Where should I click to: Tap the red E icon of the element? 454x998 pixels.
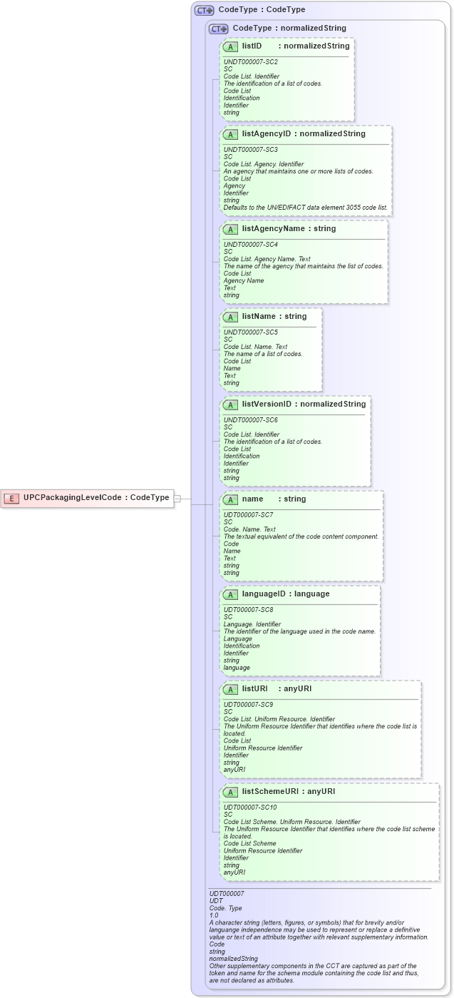11,498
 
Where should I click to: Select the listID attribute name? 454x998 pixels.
252,46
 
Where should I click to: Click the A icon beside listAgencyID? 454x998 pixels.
230,134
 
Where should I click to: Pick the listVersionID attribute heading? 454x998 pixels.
267,404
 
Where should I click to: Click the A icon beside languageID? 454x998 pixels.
230,594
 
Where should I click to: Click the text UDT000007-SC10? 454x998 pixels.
250,808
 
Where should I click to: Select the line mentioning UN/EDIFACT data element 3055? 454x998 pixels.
306,208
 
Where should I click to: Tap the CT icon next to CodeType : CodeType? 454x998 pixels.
205,11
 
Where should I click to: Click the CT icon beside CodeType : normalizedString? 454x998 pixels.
218,29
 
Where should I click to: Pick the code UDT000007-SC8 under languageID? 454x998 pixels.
248,610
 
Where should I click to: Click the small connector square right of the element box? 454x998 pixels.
177,498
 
